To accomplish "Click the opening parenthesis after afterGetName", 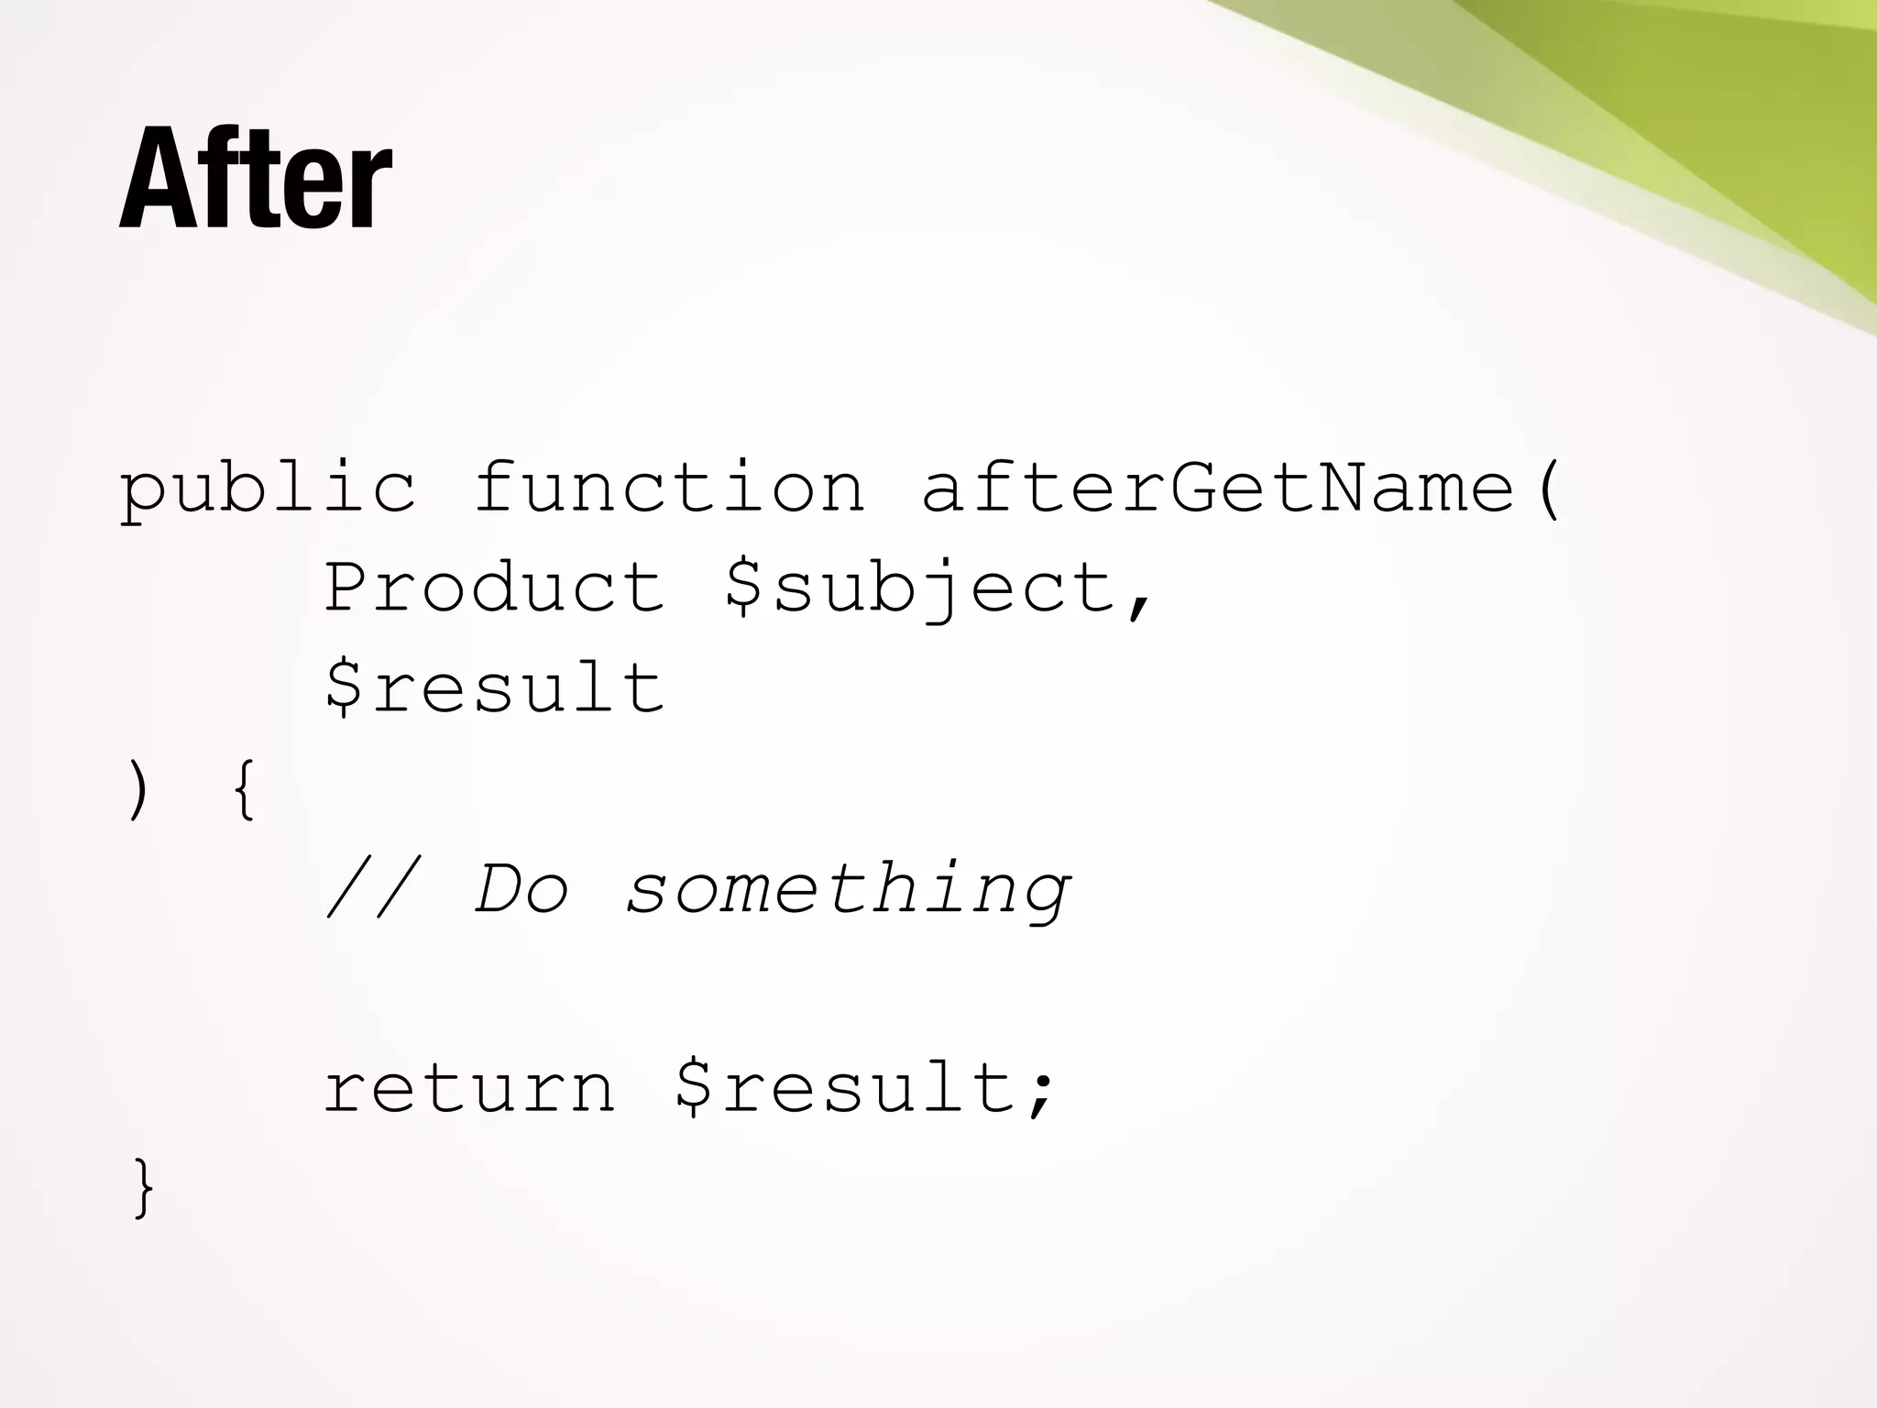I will (x=1547, y=489).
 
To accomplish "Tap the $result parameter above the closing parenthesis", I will (x=494, y=687).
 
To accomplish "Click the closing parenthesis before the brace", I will (x=137, y=791).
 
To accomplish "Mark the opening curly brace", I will (x=243, y=791).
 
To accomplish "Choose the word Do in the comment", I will (x=521, y=889).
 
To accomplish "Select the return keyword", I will (x=469, y=1089).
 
